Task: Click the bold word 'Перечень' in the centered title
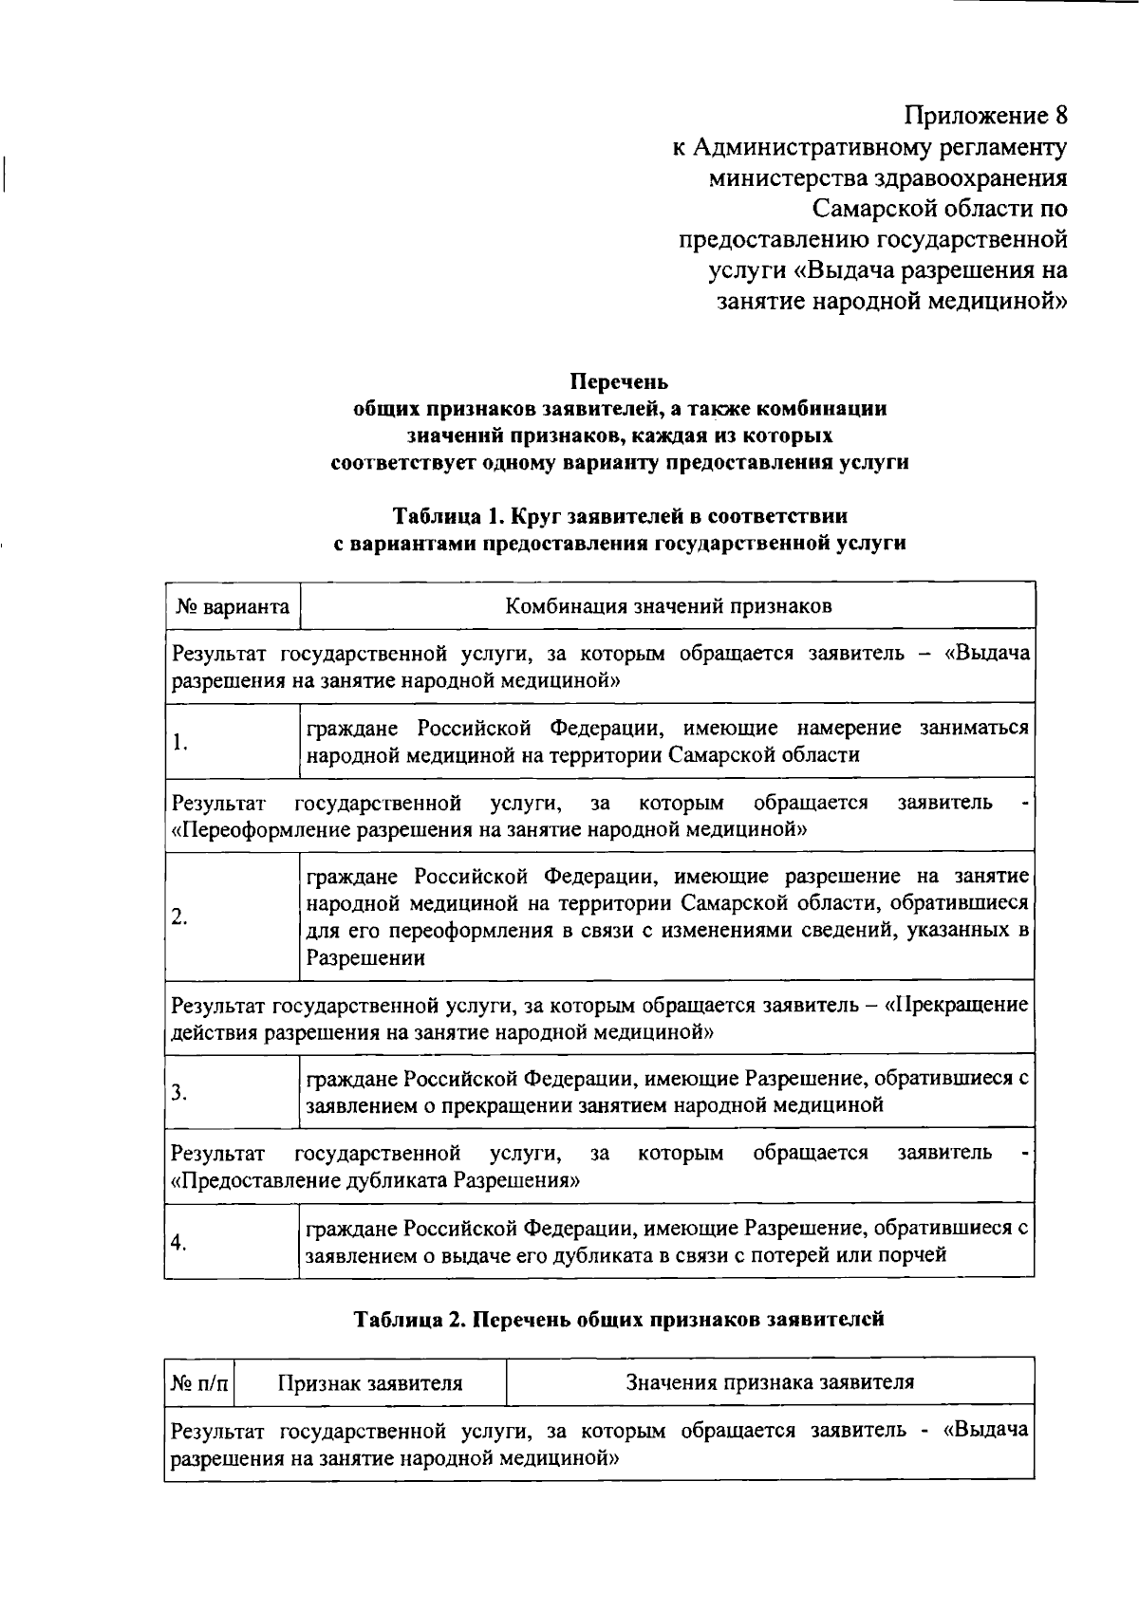[x=619, y=381]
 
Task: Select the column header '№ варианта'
[x=233, y=606]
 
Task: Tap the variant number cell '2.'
[x=179, y=917]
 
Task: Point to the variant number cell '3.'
[x=179, y=1092]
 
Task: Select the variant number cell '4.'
[x=179, y=1243]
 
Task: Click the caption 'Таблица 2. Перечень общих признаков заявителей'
[x=619, y=1319]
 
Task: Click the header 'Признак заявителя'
[x=370, y=1382]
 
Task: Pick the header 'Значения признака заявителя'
[x=770, y=1382]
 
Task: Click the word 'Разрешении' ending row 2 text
[x=364, y=958]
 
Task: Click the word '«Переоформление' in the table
[x=254, y=830]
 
